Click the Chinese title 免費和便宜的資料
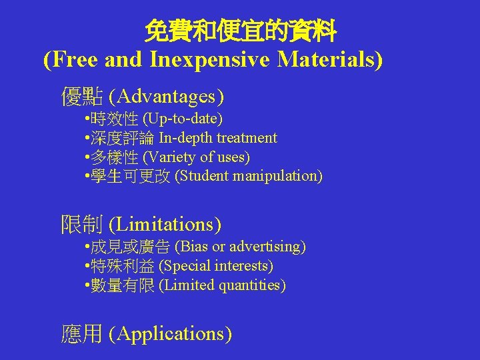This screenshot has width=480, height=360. click(241, 31)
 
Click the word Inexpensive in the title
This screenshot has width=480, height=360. click(211, 60)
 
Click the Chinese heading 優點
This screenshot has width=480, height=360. click(81, 97)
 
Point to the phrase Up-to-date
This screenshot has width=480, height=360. click(183, 119)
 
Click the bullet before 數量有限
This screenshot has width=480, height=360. click(88, 285)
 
